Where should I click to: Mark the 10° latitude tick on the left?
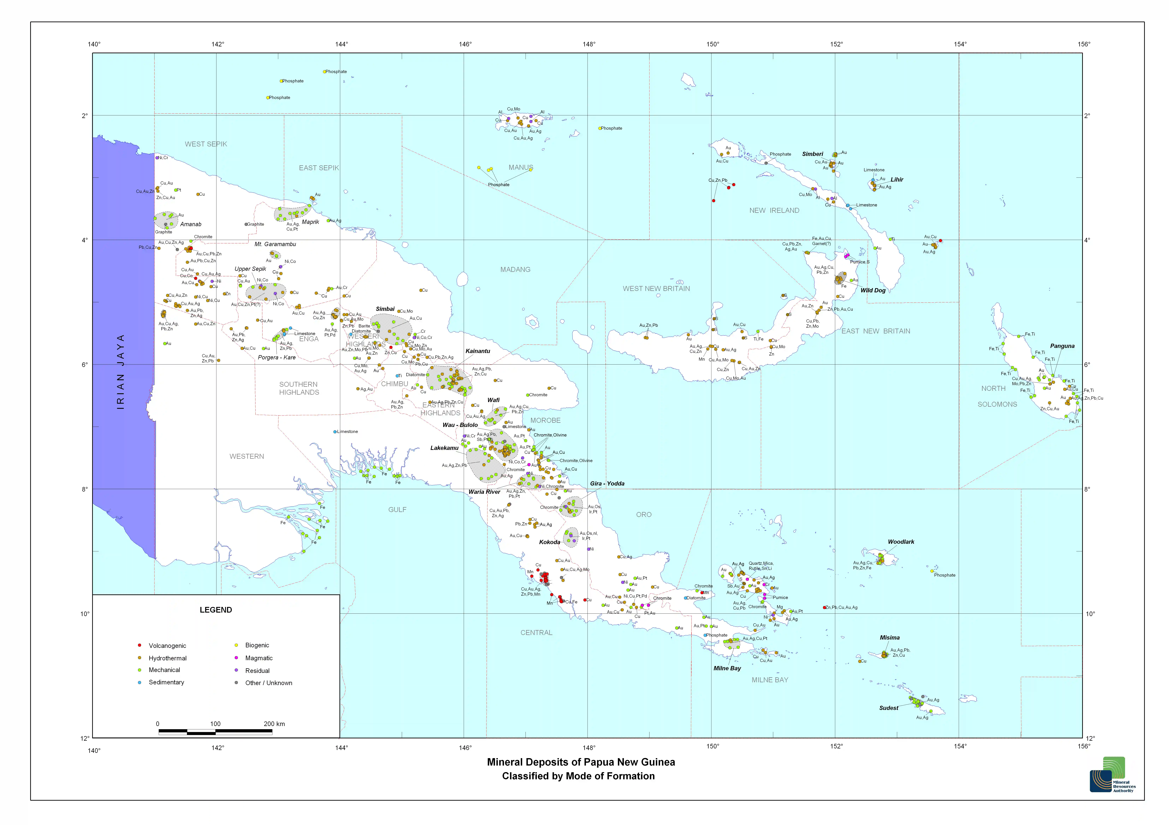pyautogui.click(x=85, y=614)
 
